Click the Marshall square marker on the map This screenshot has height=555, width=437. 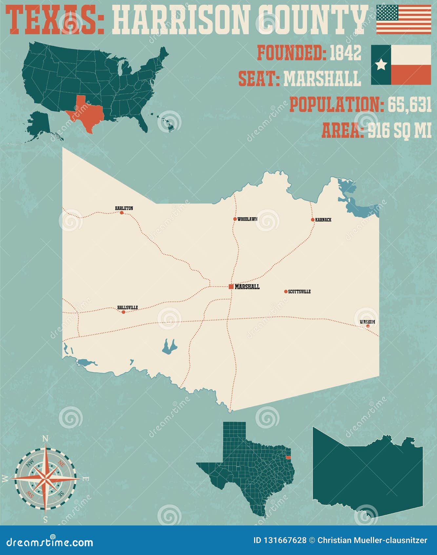tap(231, 287)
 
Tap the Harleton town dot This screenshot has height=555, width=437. tap(122, 213)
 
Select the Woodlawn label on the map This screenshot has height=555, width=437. tap(247, 219)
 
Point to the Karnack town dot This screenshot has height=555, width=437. tap(313, 220)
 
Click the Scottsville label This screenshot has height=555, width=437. tap(299, 292)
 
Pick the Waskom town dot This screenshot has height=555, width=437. tap(368, 326)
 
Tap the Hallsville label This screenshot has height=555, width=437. tap(128, 308)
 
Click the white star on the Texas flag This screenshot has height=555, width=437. tap(381, 65)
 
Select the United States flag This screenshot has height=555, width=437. tap(404, 19)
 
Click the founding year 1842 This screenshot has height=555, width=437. tap(345, 53)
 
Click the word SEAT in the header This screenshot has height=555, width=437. tap(258, 79)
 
